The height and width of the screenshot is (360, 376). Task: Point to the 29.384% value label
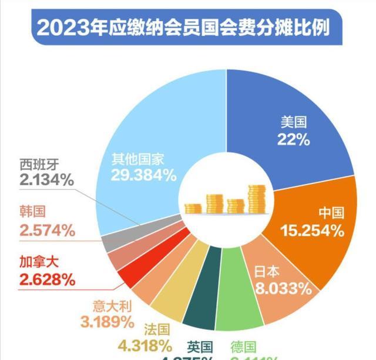tap(143, 175)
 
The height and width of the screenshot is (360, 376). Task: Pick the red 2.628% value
tap(47, 279)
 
